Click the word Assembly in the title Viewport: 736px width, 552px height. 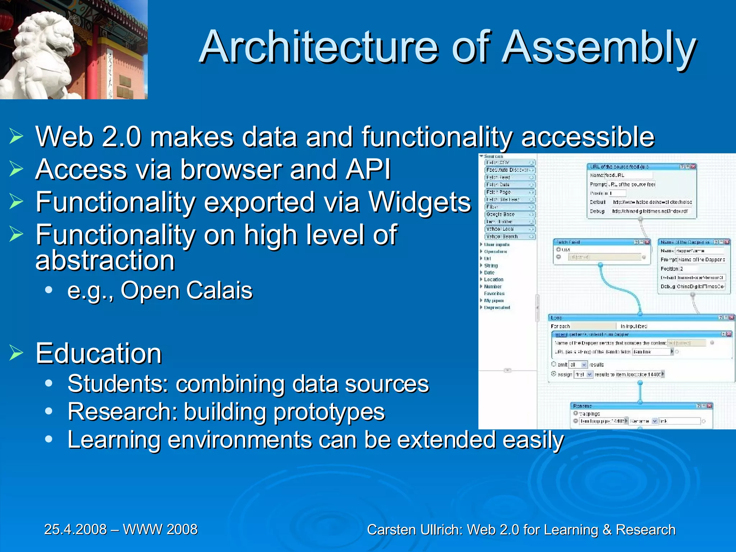[x=598, y=47]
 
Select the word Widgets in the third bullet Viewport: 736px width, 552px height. [x=419, y=202]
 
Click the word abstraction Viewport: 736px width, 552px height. [x=105, y=260]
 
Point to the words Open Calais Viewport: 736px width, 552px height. [x=187, y=290]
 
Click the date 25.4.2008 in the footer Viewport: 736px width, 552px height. [x=75, y=529]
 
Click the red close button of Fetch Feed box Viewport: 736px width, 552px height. [x=647, y=242]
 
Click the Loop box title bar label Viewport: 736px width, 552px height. [x=556, y=318]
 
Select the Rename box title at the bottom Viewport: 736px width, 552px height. [x=583, y=406]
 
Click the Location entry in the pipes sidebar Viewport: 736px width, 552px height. [x=493, y=280]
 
